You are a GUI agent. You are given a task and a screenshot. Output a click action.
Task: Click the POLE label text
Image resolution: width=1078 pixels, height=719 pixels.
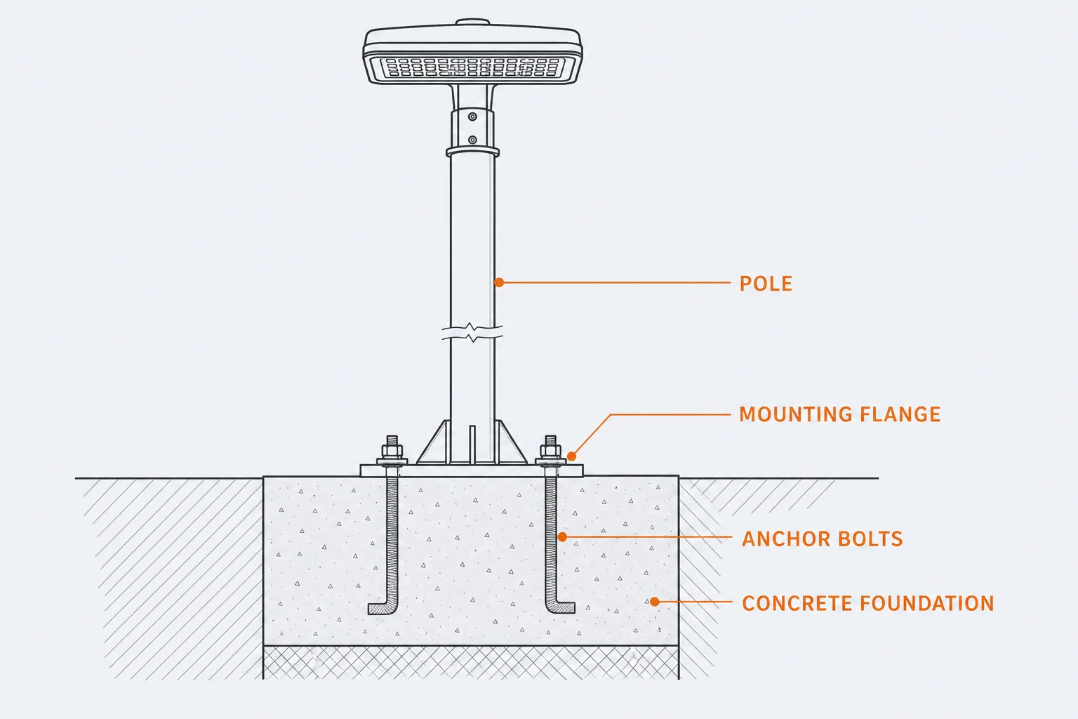point(766,283)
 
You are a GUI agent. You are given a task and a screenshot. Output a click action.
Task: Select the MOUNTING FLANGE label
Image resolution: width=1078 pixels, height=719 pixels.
point(840,414)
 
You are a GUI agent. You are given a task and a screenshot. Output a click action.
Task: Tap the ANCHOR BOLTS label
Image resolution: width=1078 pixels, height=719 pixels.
point(822,539)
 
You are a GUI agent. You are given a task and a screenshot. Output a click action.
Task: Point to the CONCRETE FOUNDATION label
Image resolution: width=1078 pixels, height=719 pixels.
point(867,603)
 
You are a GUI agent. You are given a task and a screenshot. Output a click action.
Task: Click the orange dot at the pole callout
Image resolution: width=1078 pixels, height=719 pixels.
point(499,283)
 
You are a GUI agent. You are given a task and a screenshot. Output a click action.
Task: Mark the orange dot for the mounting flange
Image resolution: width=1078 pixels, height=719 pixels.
point(571,456)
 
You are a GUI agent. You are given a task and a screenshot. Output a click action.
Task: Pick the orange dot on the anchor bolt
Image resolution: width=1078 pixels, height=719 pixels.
point(561,536)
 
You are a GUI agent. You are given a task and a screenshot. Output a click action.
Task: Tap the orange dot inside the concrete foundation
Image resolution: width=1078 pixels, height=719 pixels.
point(655,602)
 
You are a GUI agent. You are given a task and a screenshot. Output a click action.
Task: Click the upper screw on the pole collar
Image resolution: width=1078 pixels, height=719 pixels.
point(472,117)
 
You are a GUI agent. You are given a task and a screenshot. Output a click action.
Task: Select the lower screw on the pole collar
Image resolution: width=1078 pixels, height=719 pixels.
point(472,140)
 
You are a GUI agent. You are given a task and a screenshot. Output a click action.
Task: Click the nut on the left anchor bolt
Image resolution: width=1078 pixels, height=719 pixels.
point(392,451)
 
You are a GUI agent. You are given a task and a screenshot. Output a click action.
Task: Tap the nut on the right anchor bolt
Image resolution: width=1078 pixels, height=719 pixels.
point(550,451)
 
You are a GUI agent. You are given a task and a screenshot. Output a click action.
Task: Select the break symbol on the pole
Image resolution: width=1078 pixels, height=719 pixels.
point(472,332)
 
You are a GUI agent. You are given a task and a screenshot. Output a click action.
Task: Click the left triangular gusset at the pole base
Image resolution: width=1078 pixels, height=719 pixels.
point(434,443)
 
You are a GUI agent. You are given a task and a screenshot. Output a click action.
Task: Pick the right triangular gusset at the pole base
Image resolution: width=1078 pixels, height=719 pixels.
point(511,443)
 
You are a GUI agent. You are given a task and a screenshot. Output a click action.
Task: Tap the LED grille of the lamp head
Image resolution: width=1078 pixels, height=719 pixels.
point(472,67)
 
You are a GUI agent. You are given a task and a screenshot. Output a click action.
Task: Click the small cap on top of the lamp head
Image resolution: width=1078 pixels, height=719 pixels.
point(472,22)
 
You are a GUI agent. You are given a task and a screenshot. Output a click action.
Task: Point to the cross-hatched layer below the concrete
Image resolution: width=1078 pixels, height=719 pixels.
point(471,663)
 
